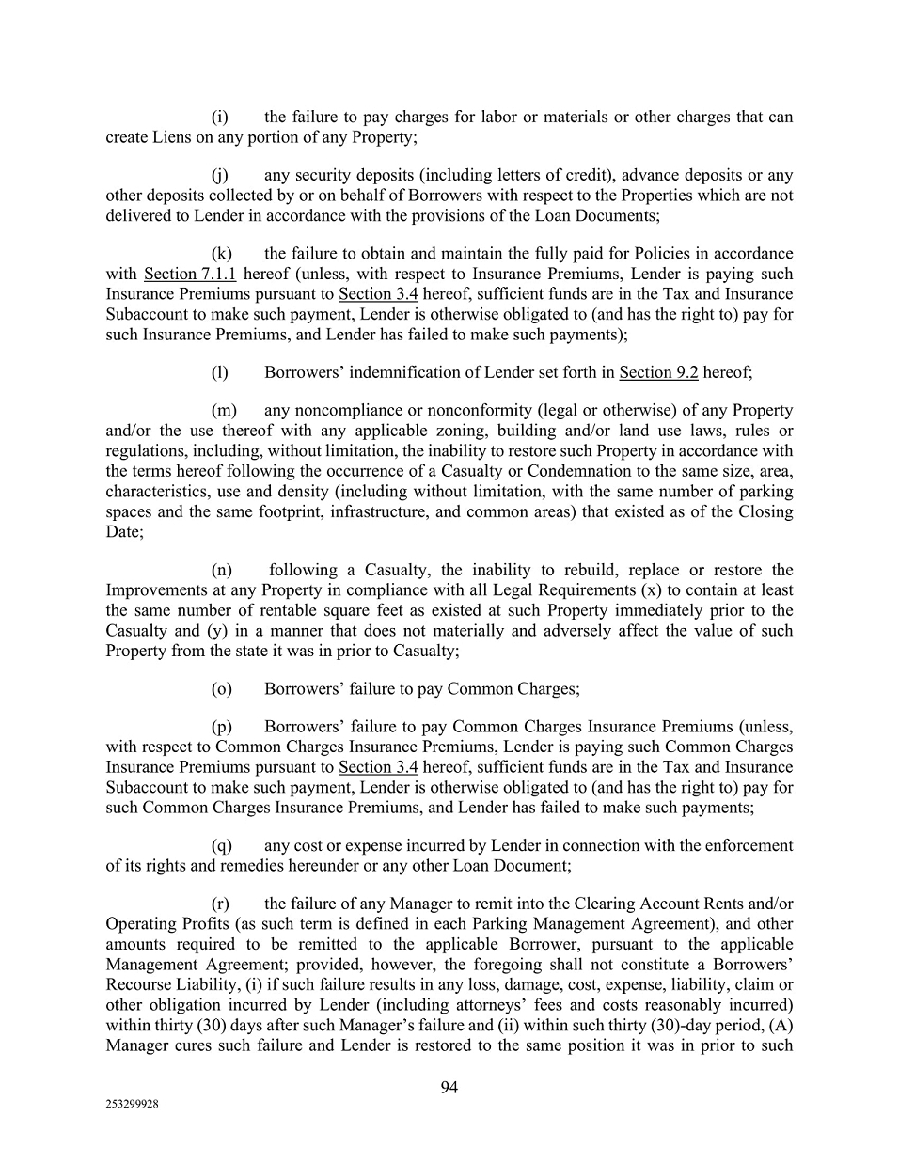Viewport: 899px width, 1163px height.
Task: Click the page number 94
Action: (449, 1088)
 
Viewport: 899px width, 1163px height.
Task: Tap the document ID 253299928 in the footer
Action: (132, 1106)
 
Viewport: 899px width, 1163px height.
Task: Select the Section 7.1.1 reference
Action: (189, 274)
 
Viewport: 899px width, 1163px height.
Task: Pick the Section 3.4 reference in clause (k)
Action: (378, 293)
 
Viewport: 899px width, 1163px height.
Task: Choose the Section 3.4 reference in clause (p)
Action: (378, 766)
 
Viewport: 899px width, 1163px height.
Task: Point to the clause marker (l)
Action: (220, 372)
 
